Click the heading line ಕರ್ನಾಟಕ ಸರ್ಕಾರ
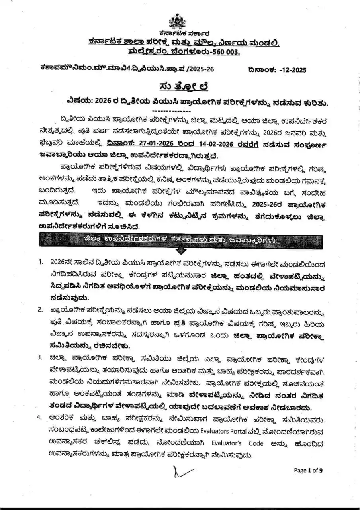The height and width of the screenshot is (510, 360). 184,33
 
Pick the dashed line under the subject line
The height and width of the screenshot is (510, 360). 172,110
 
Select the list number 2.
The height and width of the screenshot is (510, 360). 41,309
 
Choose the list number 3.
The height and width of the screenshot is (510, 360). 41,357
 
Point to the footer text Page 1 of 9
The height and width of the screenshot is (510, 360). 308,470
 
